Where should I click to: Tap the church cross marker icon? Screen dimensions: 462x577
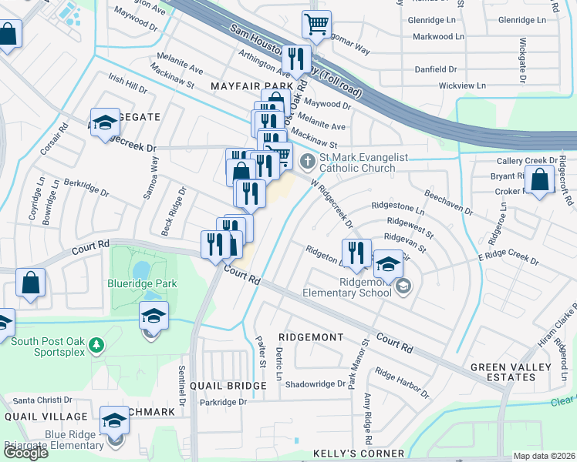(x=309, y=161)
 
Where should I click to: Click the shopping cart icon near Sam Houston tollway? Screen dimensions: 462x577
(x=316, y=25)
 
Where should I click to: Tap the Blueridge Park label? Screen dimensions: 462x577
(x=141, y=284)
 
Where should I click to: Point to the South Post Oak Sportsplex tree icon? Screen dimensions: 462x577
(x=96, y=343)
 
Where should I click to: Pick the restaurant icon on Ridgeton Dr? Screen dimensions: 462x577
(x=356, y=253)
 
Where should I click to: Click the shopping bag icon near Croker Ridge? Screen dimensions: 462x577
(x=542, y=180)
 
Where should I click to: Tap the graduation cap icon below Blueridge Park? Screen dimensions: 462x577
(x=154, y=316)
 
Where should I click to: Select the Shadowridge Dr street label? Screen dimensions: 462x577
(x=315, y=384)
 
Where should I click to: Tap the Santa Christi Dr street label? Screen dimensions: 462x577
(x=42, y=400)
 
